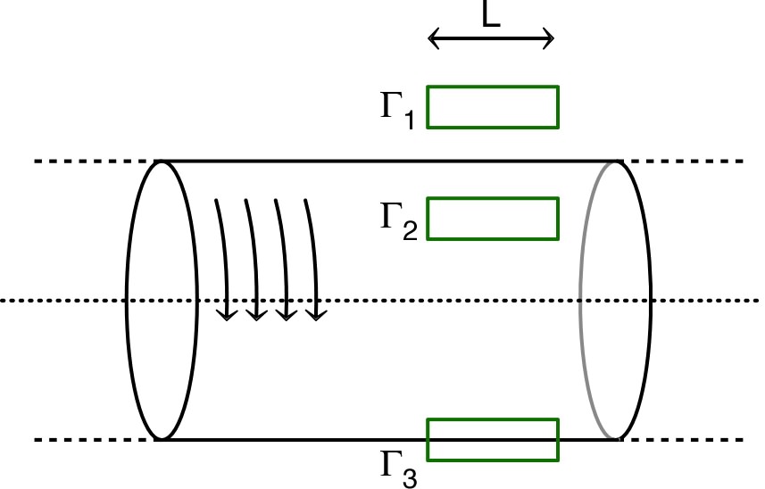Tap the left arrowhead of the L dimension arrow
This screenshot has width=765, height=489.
(432, 38)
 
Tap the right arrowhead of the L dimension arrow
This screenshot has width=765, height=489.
(552, 38)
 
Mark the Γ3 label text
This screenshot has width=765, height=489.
(396, 466)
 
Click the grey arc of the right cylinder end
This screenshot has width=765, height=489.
(582, 300)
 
